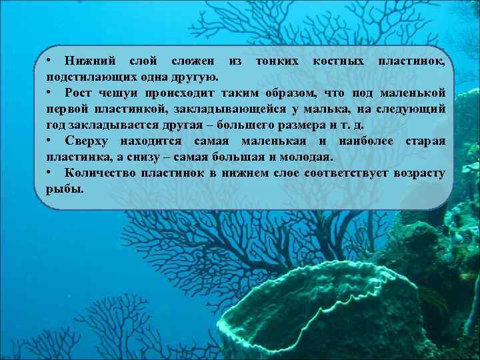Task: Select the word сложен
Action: (x=193, y=61)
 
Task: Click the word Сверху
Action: (x=88, y=141)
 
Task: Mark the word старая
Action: (x=425, y=141)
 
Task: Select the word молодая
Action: (x=309, y=157)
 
